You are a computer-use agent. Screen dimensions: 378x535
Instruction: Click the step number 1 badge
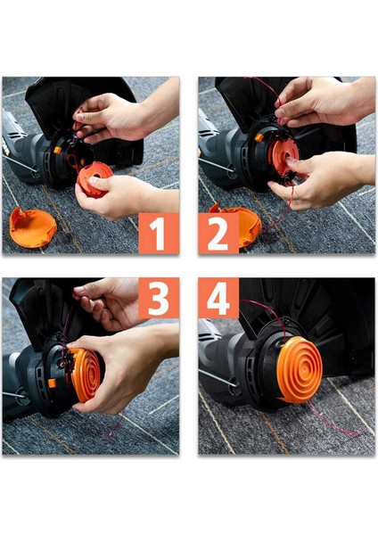(x=159, y=234)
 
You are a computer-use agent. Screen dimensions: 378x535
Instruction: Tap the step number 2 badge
(x=218, y=234)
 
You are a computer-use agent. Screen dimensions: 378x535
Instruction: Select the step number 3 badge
(x=159, y=298)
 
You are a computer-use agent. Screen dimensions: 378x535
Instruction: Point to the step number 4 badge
(x=218, y=298)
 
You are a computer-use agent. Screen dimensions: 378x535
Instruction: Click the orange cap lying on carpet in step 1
(x=31, y=226)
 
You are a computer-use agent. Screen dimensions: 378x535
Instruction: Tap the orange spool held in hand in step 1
(x=94, y=179)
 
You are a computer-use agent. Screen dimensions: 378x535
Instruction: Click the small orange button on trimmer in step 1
(x=57, y=150)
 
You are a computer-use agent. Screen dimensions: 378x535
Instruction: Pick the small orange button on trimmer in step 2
(x=259, y=137)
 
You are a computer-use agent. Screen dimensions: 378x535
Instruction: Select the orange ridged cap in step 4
(x=300, y=369)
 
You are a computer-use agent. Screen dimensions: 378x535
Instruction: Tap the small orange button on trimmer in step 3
(x=53, y=383)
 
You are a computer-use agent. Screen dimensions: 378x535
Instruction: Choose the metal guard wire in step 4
(x=218, y=378)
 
